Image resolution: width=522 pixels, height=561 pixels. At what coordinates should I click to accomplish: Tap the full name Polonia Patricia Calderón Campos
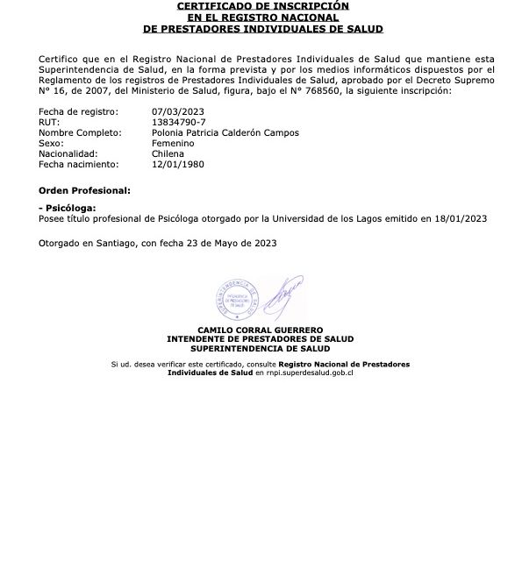point(225,133)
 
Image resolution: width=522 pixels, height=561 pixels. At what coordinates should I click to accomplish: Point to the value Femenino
point(173,143)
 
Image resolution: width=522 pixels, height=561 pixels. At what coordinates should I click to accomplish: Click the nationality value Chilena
point(168,153)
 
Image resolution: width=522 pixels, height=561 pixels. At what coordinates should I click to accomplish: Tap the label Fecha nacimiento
point(76,164)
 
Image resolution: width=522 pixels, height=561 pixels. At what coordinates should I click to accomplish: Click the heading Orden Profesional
point(84,190)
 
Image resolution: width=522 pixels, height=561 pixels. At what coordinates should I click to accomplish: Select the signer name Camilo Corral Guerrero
point(261,329)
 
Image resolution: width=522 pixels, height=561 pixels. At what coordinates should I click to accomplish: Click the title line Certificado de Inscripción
point(262,6)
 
